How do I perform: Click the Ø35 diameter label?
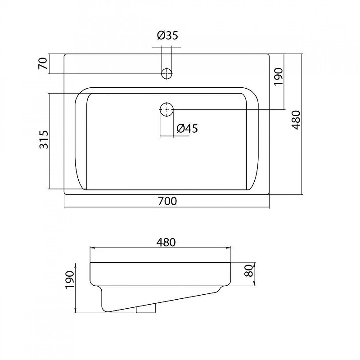pos(167,36)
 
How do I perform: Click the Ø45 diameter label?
pos(187,128)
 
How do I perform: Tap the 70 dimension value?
pos(43,63)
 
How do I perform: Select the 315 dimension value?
pos(44,139)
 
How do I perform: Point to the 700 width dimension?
pos(167,201)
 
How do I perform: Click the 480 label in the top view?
pos(296,120)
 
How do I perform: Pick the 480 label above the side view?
pos(166,242)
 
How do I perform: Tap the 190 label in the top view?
pos(279,76)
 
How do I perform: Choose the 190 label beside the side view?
pos(70,280)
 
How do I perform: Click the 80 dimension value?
pos(249,270)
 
